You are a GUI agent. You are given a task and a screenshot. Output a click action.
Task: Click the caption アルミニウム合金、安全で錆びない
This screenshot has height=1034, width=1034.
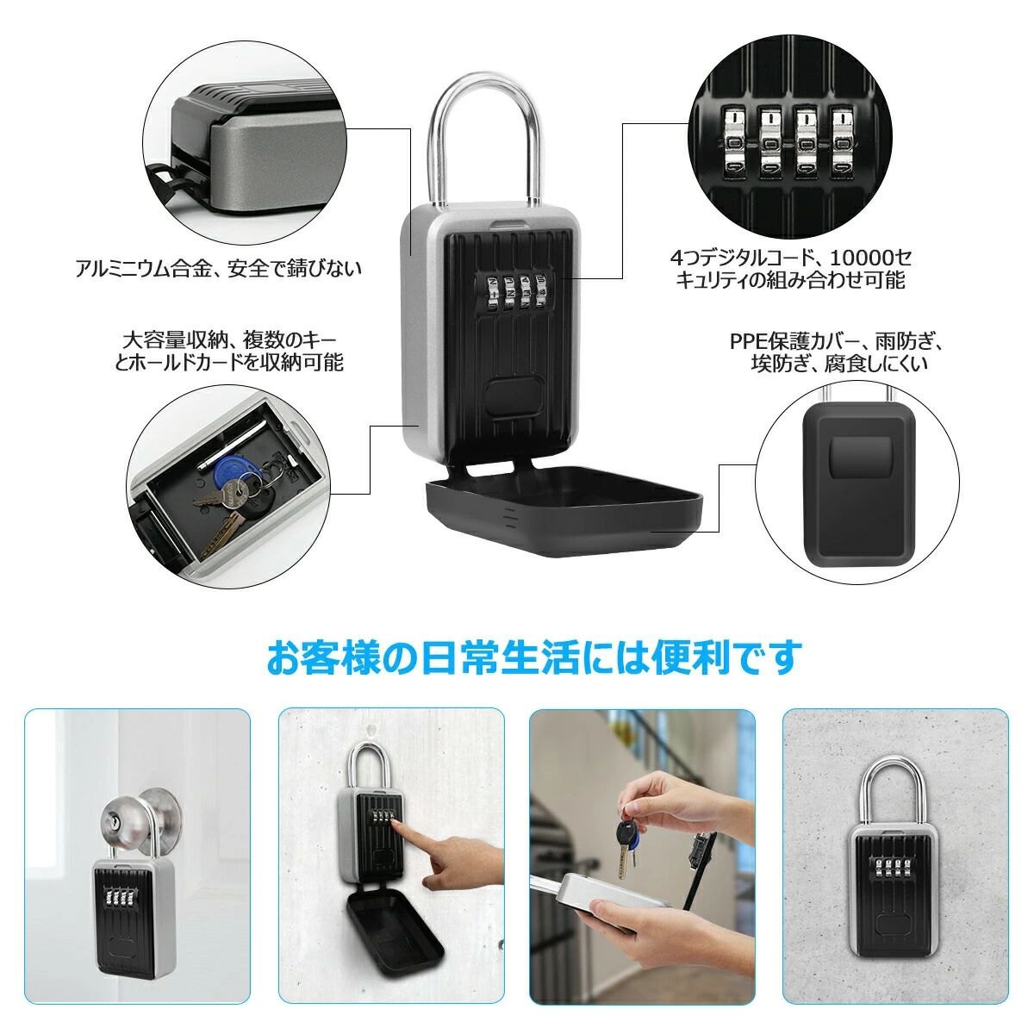click(218, 268)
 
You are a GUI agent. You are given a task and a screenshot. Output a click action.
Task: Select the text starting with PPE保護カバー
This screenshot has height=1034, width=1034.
click(836, 352)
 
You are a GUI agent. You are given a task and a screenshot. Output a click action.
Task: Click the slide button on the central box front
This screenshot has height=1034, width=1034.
click(513, 395)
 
